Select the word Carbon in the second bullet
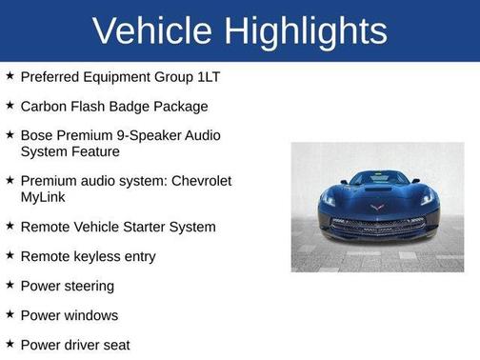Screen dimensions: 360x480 tap(45, 106)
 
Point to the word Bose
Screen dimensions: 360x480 tap(38, 136)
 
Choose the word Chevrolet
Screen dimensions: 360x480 tap(198, 181)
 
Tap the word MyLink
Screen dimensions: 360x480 tap(46, 197)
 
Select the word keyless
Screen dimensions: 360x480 tap(98, 256)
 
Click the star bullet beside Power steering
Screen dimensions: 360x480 tap(10, 285)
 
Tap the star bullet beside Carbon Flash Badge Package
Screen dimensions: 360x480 tap(10, 105)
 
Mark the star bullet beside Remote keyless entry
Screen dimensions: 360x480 tap(10, 255)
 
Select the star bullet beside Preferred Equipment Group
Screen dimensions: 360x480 tap(10, 75)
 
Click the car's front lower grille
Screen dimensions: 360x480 tap(378, 226)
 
